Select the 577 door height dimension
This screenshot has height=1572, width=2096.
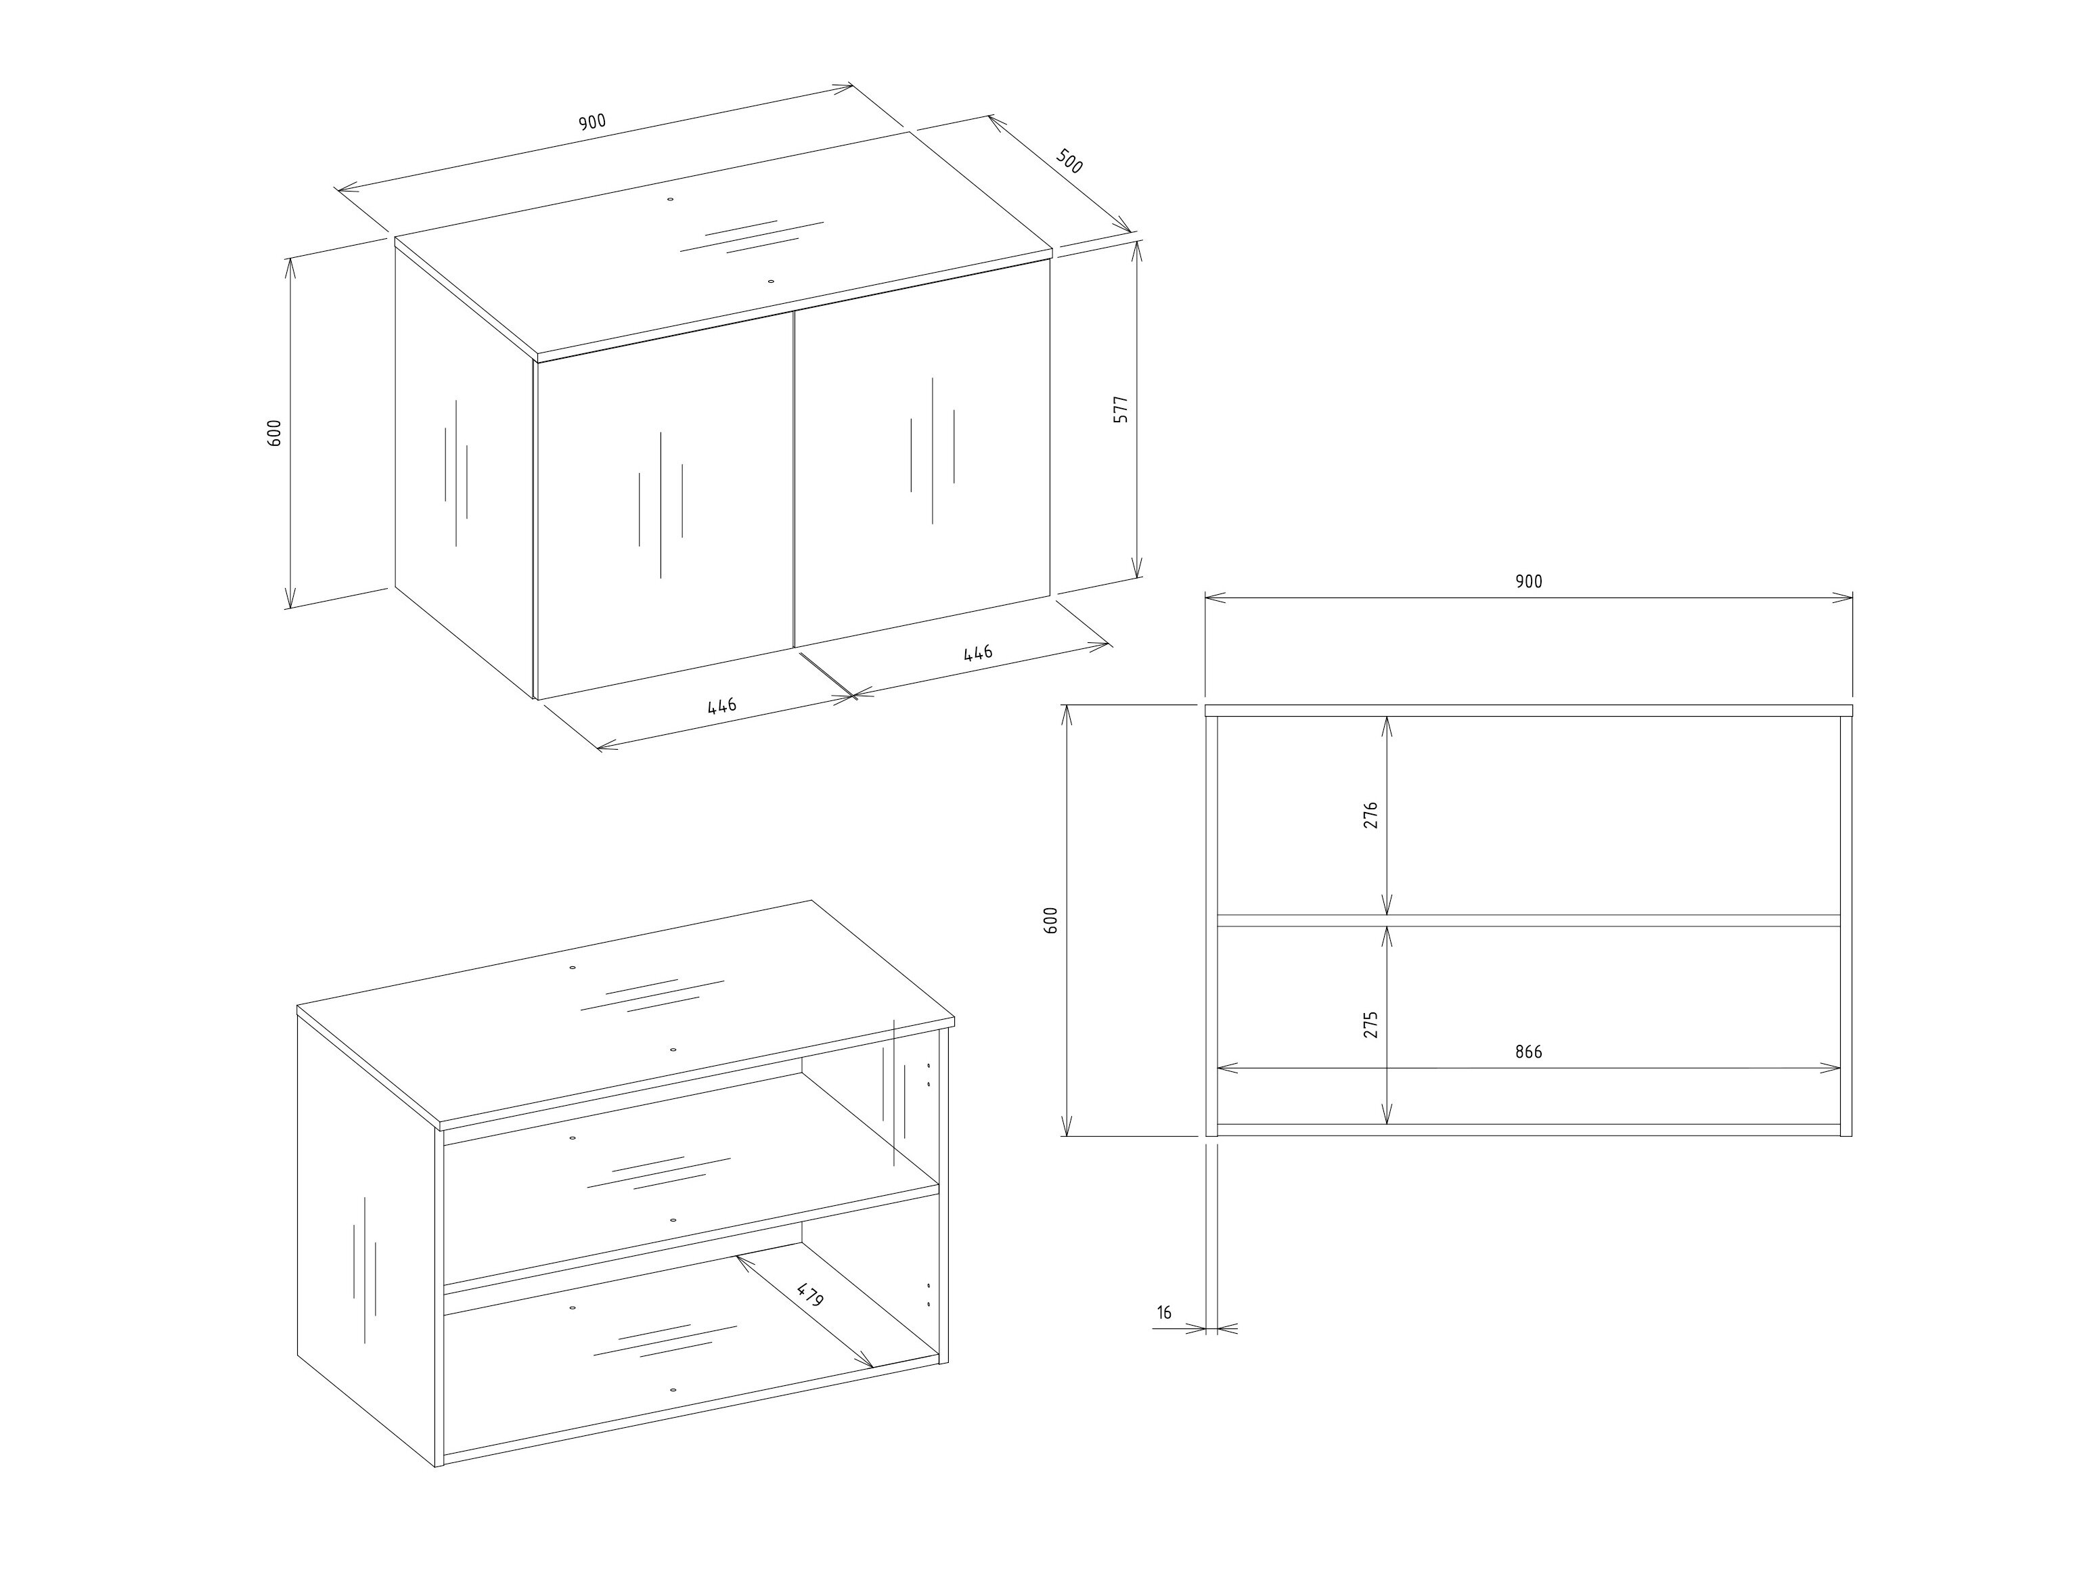click(1120, 409)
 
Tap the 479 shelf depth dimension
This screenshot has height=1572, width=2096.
click(810, 1295)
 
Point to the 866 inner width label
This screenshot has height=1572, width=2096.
click(1528, 1052)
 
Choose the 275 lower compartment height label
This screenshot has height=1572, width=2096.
click(1370, 1025)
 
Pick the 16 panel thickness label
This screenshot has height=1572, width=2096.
click(1165, 1312)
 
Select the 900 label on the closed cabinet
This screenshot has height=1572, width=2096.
click(592, 122)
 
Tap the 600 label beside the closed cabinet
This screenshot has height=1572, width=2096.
click(275, 432)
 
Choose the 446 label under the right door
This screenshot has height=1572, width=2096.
click(978, 654)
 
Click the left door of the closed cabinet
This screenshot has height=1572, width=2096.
click(664, 505)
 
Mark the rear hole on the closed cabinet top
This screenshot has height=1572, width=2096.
click(670, 200)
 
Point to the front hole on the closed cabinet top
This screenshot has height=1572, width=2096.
click(770, 282)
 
